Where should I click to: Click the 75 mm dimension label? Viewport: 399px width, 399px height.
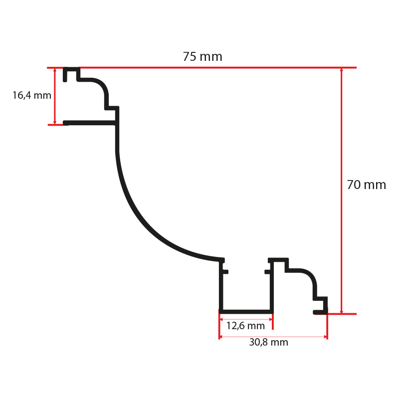click(x=202, y=56)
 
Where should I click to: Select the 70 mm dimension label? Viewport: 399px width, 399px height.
click(x=367, y=185)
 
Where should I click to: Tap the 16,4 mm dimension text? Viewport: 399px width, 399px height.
click(x=32, y=95)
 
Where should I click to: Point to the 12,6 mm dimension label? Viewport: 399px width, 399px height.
click(x=245, y=326)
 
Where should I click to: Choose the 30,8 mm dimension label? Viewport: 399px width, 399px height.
click(x=268, y=342)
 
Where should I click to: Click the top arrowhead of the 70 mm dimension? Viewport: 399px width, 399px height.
click(x=342, y=70)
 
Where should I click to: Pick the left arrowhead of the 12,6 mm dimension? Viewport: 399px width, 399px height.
click(x=221, y=319)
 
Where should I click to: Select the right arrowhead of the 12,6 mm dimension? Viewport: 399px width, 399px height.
click(x=271, y=319)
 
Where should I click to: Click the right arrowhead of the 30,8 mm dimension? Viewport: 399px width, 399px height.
click(x=325, y=337)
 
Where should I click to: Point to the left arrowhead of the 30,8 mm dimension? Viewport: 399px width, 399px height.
click(x=221, y=337)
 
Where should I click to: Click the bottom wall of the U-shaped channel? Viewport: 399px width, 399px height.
click(x=246, y=312)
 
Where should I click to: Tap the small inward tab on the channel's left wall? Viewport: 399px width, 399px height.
click(x=225, y=272)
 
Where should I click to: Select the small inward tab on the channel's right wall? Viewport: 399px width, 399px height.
click(x=268, y=272)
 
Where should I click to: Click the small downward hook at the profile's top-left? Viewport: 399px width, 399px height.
click(x=65, y=75)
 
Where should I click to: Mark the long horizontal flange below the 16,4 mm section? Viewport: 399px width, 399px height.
click(x=90, y=123)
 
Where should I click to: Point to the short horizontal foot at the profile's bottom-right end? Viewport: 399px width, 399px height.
click(x=320, y=312)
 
